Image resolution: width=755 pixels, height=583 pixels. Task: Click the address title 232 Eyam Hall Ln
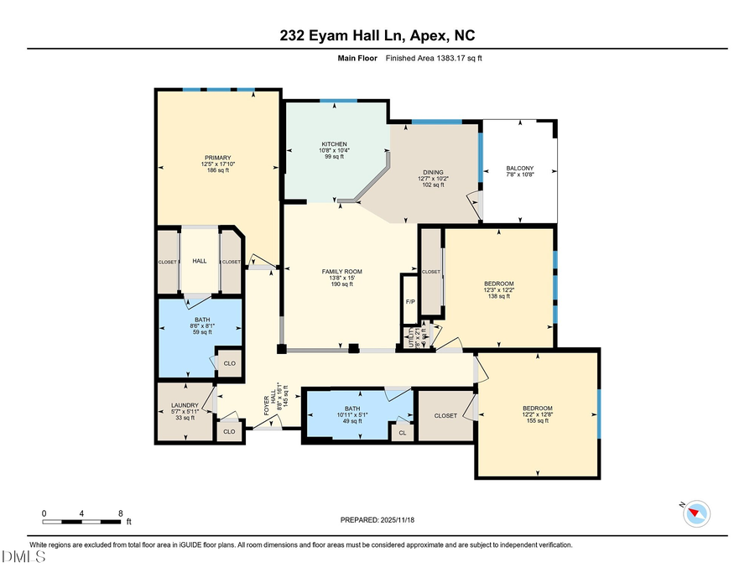click(x=377, y=34)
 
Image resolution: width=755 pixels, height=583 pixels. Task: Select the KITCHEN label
click(x=333, y=144)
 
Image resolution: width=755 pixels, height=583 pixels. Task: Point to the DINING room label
click(x=433, y=172)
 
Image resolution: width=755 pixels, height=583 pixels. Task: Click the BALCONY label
click(x=519, y=168)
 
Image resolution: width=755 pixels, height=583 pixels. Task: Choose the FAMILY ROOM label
click(x=341, y=272)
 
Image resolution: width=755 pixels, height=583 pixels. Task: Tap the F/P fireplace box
click(x=409, y=302)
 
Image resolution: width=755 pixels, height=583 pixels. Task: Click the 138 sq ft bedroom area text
click(x=498, y=297)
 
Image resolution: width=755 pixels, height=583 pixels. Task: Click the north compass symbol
click(x=697, y=511)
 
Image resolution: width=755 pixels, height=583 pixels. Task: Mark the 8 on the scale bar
click(x=122, y=513)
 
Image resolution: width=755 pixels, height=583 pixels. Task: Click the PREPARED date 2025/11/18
click(x=377, y=520)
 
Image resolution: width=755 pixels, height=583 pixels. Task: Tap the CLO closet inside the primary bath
click(x=228, y=363)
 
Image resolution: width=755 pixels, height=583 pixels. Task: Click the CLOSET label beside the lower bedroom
click(x=445, y=415)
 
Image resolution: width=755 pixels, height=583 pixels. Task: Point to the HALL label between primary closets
click(x=200, y=262)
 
